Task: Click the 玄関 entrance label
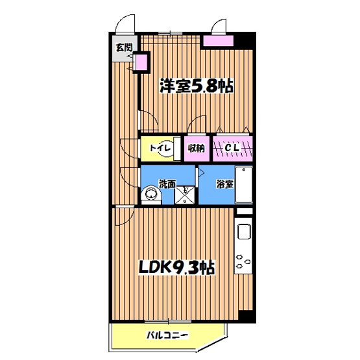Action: (x=124, y=47)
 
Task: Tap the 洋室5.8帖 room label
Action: (x=197, y=86)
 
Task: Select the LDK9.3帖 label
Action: (x=177, y=267)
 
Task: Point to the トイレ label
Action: (x=160, y=148)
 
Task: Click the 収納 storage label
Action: (x=197, y=149)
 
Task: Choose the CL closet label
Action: (x=232, y=148)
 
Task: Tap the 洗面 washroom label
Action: (x=167, y=184)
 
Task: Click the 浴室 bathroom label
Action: (x=225, y=184)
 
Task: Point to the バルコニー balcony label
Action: (x=167, y=335)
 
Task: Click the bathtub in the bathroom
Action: (x=244, y=185)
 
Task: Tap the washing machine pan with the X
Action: (x=185, y=195)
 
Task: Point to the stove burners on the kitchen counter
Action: (x=243, y=260)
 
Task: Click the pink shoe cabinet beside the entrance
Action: (x=141, y=62)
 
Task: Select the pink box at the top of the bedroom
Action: (x=219, y=41)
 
